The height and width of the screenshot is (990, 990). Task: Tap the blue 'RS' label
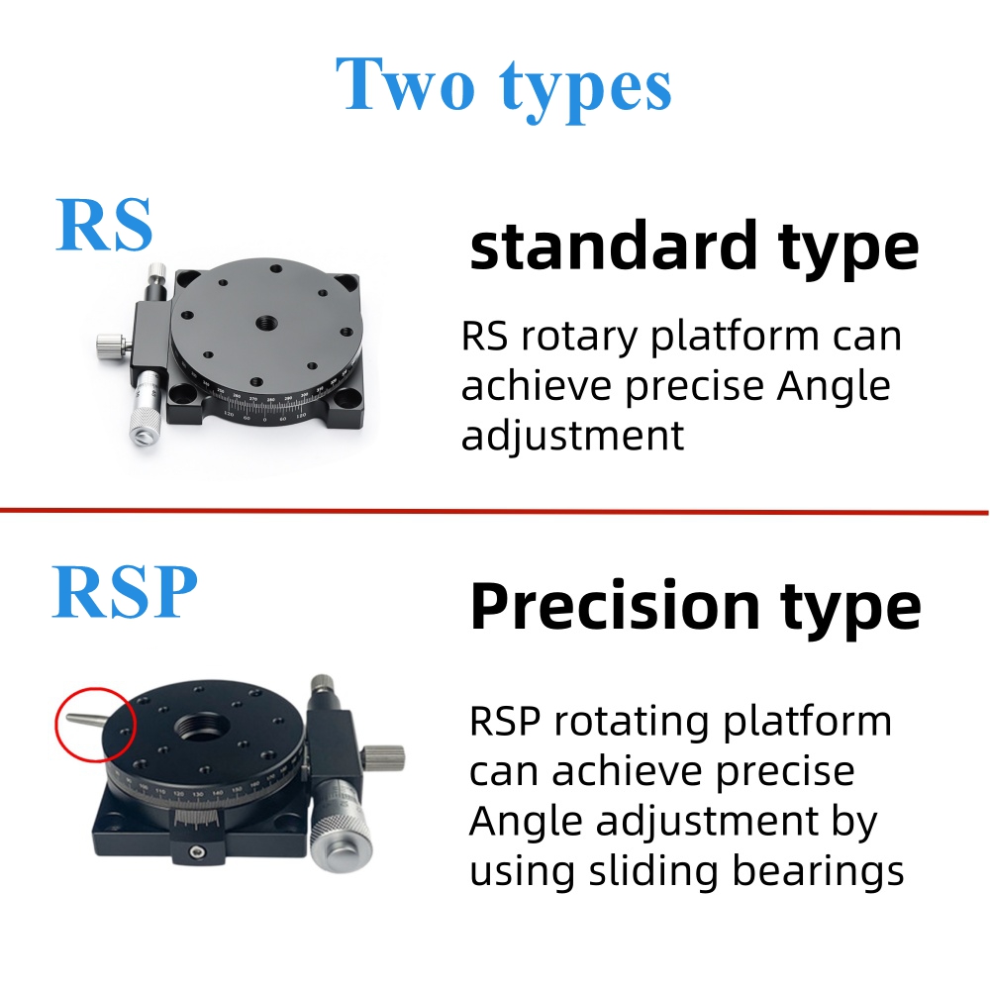104,225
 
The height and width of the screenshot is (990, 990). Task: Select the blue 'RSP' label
125,591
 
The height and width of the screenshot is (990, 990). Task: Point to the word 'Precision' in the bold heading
615,605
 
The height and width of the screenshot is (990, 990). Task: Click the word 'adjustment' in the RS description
572,437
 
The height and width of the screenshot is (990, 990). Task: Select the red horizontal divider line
494,512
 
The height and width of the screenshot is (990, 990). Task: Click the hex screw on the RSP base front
198,853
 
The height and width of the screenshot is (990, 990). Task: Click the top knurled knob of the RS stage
156,273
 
